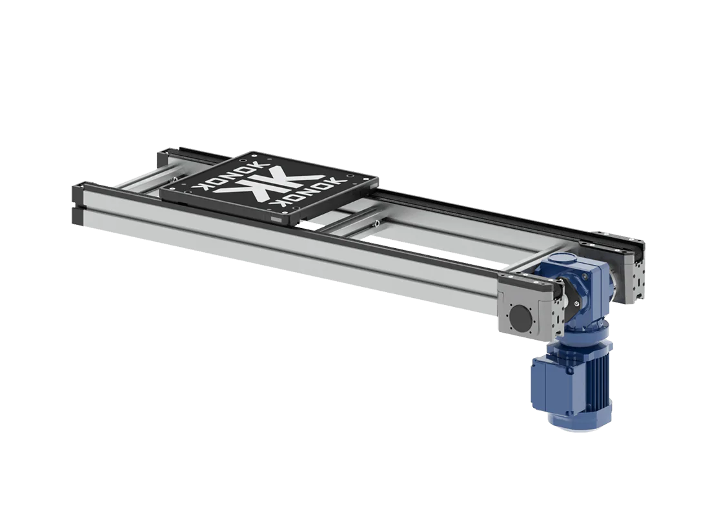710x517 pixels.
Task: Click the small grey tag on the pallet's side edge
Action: [277, 221]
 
